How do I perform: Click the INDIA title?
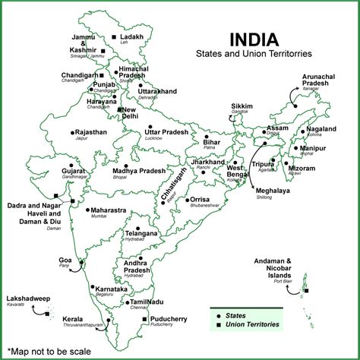coord(255,40)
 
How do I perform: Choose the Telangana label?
coord(141,233)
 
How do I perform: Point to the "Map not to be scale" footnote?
coord(48,352)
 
